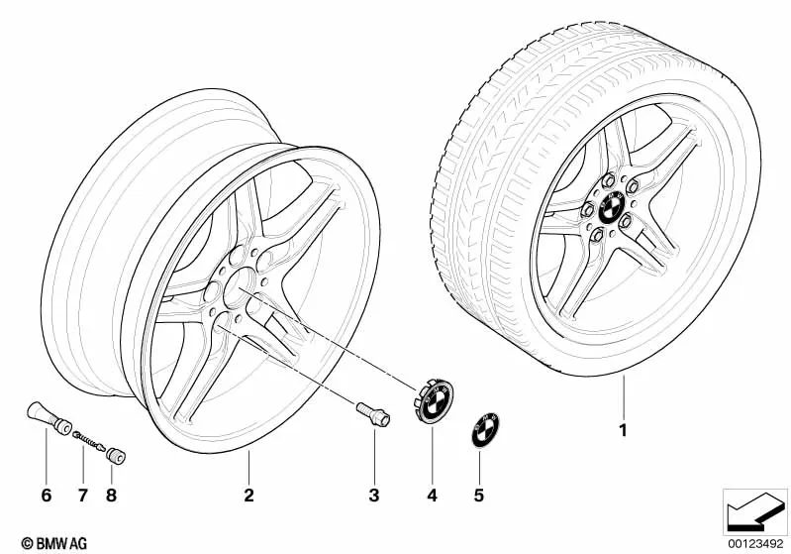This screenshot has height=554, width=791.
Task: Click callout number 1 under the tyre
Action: tap(624, 430)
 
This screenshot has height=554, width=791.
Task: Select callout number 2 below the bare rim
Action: tap(248, 496)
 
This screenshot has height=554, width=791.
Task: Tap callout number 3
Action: tap(374, 496)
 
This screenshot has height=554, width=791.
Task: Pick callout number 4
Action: tap(432, 496)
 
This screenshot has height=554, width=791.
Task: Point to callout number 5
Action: tap(479, 496)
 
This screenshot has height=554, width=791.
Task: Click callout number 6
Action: tap(46, 496)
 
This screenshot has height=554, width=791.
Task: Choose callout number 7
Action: tap(83, 496)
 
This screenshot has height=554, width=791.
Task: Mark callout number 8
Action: tap(112, 496)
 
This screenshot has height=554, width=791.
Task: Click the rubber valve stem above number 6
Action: tap(49, 417)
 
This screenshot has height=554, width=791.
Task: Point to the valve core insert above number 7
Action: tap(89, 440)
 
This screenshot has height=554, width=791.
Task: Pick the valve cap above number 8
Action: tap(116, 456)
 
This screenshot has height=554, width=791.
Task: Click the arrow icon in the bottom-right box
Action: tap(755, 510)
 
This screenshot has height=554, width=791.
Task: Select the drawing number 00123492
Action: tap(754, 543)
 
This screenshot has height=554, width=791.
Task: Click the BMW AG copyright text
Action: tap(54, 543)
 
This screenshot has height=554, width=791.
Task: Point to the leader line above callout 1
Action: tap(624, 397)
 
